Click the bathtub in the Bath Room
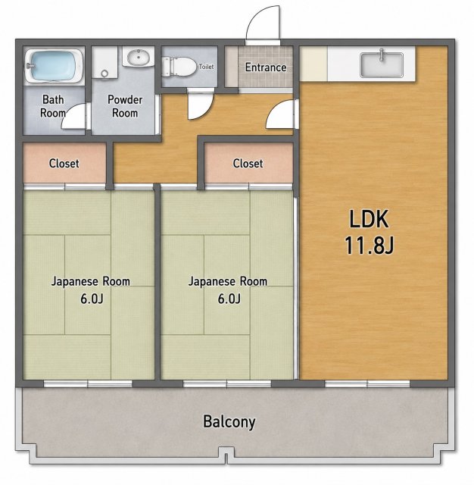[54, 65]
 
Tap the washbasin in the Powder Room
[138, 57]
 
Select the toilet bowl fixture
[179, 66]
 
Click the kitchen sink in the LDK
[382, 64]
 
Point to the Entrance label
[266, 67]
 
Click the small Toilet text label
[206, 66]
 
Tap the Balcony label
[229, 422]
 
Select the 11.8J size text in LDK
[369, 245]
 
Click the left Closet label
[64, 164]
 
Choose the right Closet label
[248, 164]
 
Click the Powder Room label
[125, 106]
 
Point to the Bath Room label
[53, 106]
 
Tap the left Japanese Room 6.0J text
[90, 289]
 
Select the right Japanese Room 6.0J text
[228, 289]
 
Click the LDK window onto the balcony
[367, 384]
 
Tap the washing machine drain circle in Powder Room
[104, 74]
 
